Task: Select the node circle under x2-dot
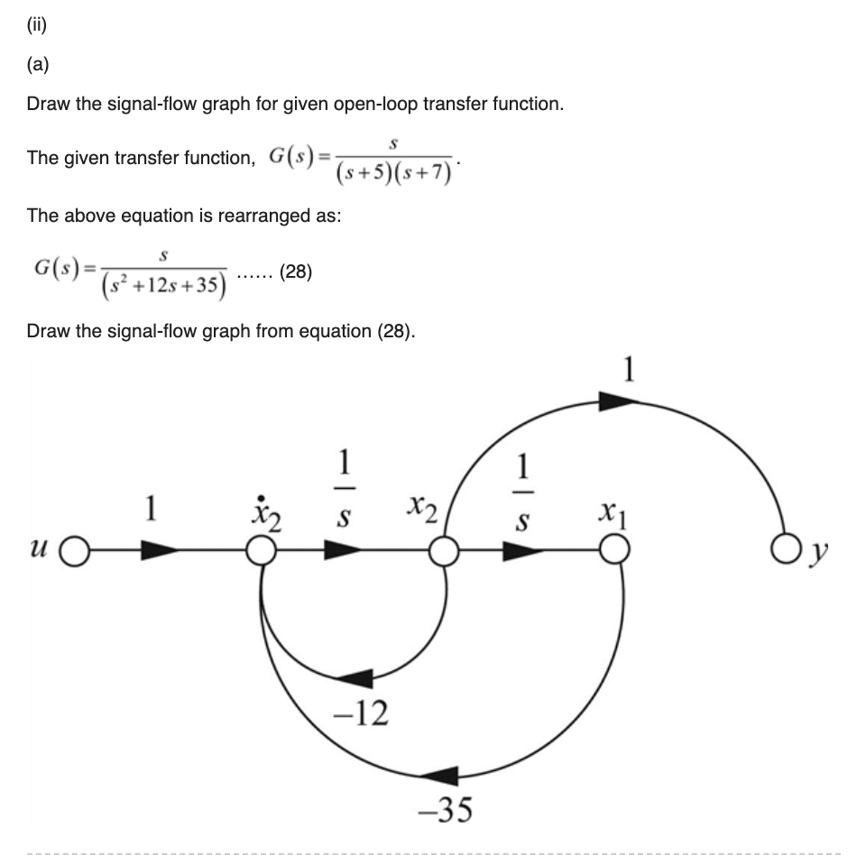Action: [x=261, y=551]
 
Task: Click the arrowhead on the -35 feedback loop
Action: [x=439, y=773]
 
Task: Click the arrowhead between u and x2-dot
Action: [x=160, y=551]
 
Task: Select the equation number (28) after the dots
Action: [x=296, y=271]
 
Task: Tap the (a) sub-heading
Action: [x=37, y=65]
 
